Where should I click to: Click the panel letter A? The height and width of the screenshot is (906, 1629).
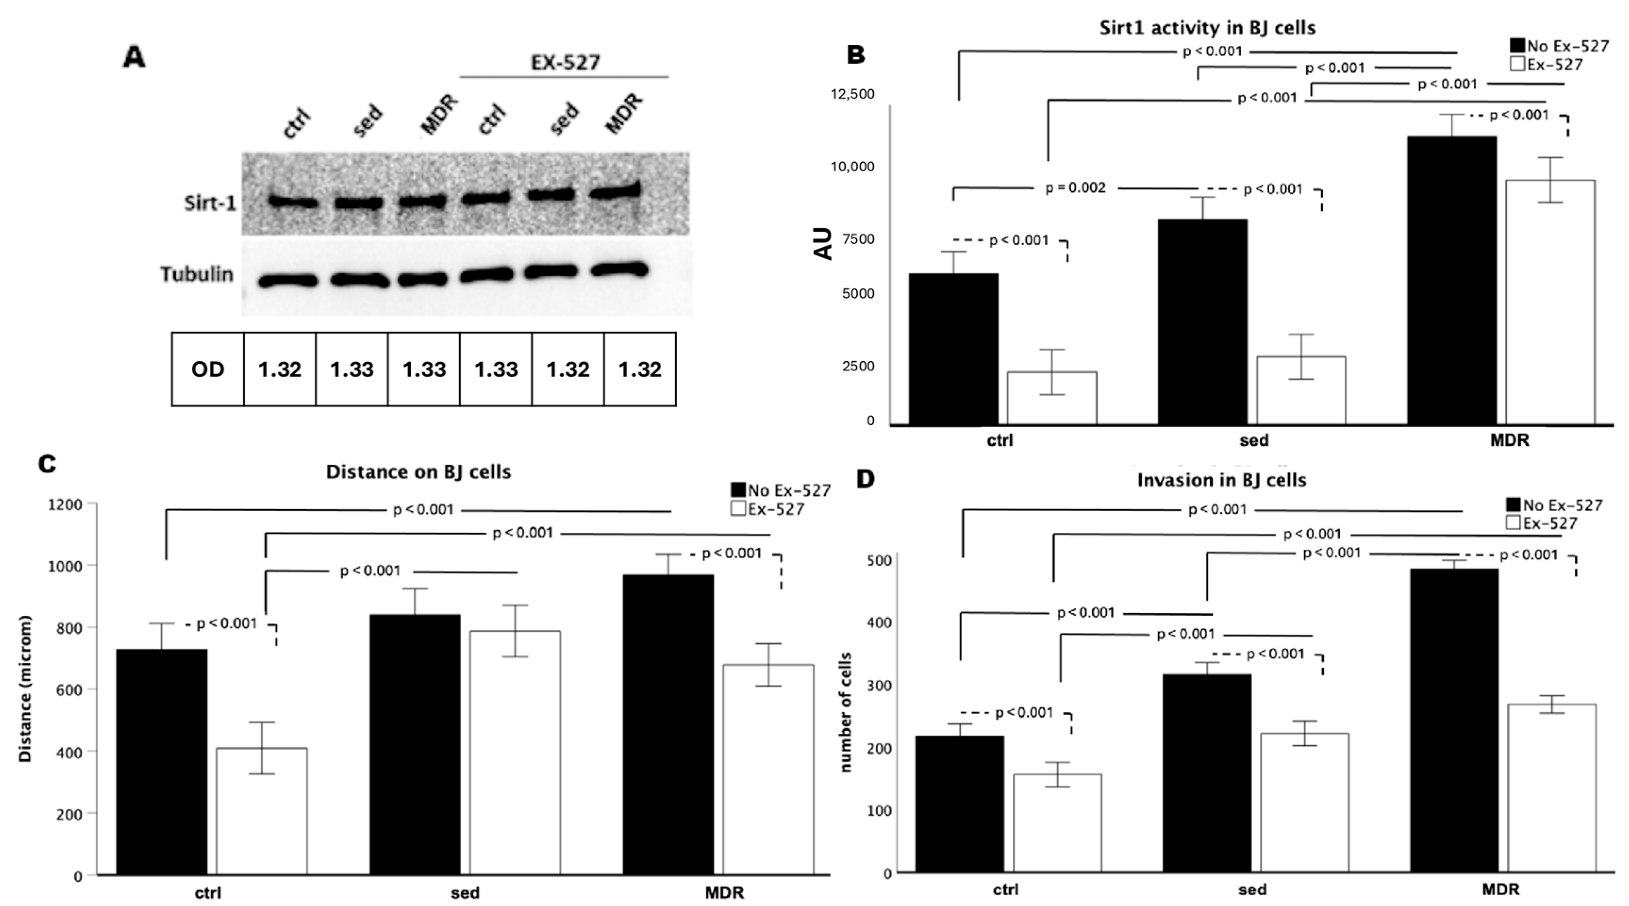click(x=134, y=58)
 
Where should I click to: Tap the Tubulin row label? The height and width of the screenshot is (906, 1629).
click(x=197, y=274)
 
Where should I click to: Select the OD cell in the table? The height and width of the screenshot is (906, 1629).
click(x=207, y=369)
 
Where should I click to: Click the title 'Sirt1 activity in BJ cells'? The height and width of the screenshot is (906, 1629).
click(x=1207, y=28)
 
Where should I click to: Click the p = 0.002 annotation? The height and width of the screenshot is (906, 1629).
click(x=1075, y=188)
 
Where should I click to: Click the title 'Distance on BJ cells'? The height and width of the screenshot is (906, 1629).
click(x=418, y=472)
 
